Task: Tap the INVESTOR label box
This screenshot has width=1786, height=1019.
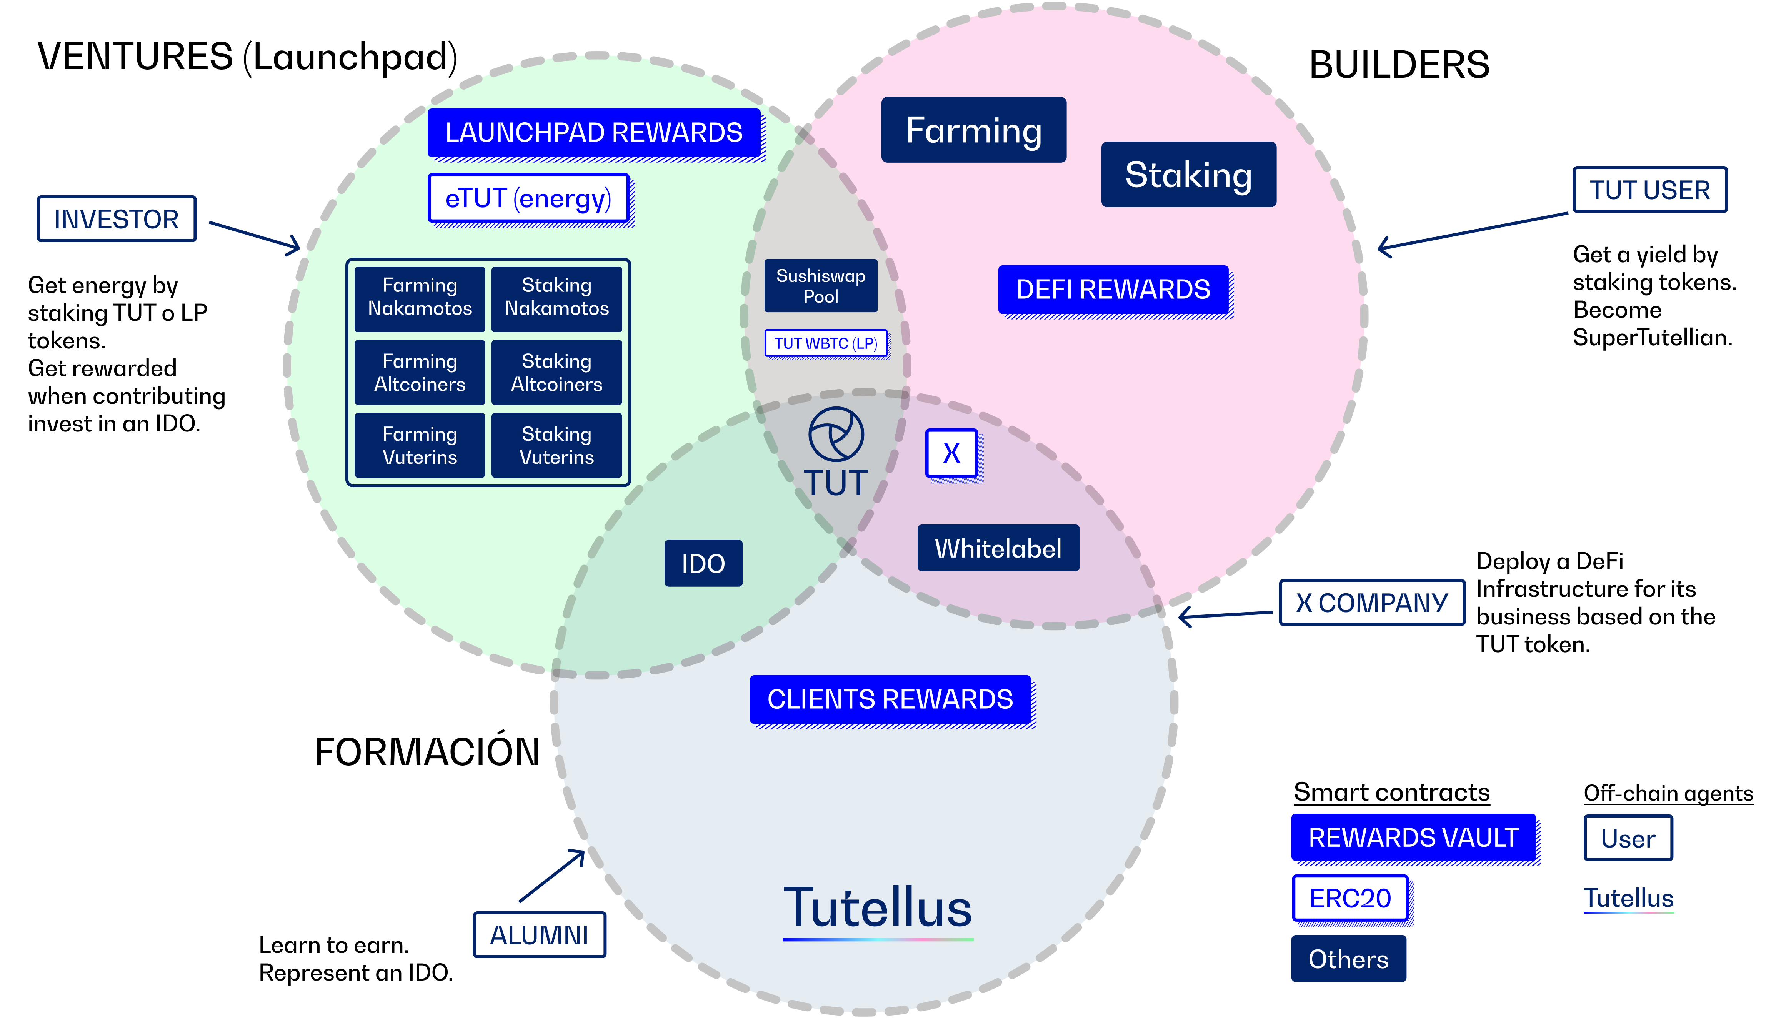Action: [x=116, y=219]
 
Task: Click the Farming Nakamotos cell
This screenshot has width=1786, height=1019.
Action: [x=420, y=298]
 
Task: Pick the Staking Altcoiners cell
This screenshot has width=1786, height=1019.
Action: [x=556, y=372]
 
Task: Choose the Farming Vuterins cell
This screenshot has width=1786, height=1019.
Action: [x=420, y=445]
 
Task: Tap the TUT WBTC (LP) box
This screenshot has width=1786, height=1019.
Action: [x=826, y=343]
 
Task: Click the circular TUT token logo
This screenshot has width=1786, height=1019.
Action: [x=836, y=434]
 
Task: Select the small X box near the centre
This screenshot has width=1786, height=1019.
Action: [x=952, y=453]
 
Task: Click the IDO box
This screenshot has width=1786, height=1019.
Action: [x=703, y=563]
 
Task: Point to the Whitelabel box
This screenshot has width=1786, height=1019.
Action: [x=998, y=548]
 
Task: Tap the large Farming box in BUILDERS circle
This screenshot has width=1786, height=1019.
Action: [x=973, y=130]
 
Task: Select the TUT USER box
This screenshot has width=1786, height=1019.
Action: [x=1649, y=190]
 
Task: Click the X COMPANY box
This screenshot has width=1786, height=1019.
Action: [x=1372, y=603]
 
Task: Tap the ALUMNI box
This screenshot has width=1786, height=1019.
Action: [x=540, y=935]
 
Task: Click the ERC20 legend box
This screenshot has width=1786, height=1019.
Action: [x=1350, y=899]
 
